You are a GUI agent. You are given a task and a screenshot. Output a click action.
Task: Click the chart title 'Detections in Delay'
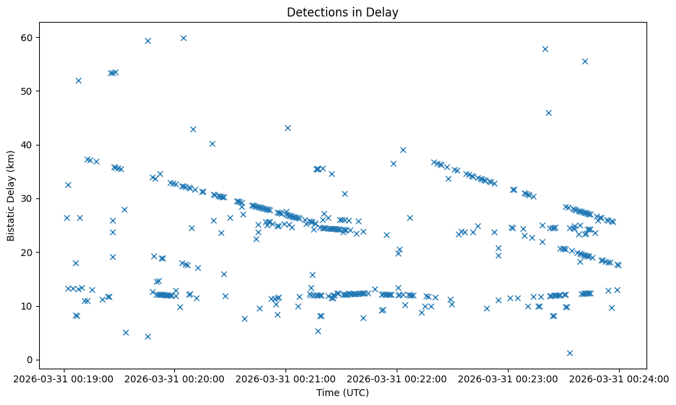tap(342, 12)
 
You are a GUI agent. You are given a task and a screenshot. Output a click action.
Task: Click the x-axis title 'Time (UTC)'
tap(342, 393)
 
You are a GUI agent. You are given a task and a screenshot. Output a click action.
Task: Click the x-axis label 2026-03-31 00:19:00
tap(64, 378)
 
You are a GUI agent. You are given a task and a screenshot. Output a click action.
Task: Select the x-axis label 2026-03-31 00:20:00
tap(175, 378)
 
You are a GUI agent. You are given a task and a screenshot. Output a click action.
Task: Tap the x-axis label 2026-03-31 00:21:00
tap(286, 378)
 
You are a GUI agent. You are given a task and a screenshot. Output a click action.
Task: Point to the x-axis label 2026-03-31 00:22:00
tap(397, 378)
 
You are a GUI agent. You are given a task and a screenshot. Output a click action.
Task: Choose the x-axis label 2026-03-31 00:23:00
tap(509, 378)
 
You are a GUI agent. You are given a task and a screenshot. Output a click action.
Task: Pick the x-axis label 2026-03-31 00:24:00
tap(620, 378)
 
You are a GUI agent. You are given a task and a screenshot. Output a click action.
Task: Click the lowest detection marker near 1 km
tap(570, 353)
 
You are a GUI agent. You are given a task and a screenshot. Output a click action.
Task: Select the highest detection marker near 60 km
tap(183, 38)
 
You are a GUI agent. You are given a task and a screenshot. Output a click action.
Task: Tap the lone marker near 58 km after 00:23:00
tap(545, 49)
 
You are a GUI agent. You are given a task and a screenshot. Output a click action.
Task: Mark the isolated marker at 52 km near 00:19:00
tap(78, 80)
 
